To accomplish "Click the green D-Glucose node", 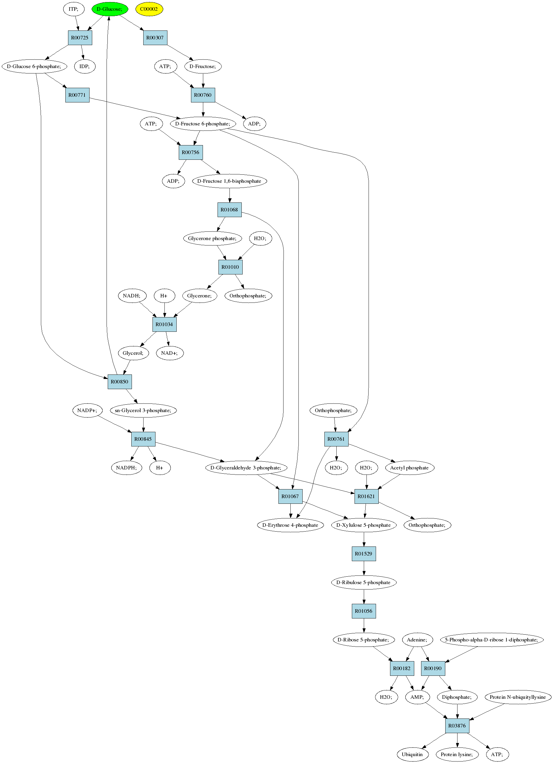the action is [110, 9].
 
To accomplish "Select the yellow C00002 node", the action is [149, 9].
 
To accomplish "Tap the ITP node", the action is [74, 9].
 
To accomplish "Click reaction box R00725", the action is [80, 38].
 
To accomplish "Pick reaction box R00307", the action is [155, 38].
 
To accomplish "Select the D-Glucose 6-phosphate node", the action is [34, 66].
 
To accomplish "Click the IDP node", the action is [85, 66].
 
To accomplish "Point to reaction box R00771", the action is [77, 95].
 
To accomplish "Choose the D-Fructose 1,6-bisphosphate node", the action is [229, 181].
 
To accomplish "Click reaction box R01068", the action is [229, 210].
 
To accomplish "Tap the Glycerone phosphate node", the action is [212, 239].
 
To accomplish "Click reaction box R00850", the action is [120, 382].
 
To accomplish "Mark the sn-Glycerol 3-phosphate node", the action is [143, 410].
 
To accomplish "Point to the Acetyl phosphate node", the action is [409, 468].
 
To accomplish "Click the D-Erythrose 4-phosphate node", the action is [290, 525].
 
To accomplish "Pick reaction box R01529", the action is [364, 554].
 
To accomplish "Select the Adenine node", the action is [417, 640].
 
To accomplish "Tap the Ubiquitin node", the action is [412, 755].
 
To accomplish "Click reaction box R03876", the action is [457, 726].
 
